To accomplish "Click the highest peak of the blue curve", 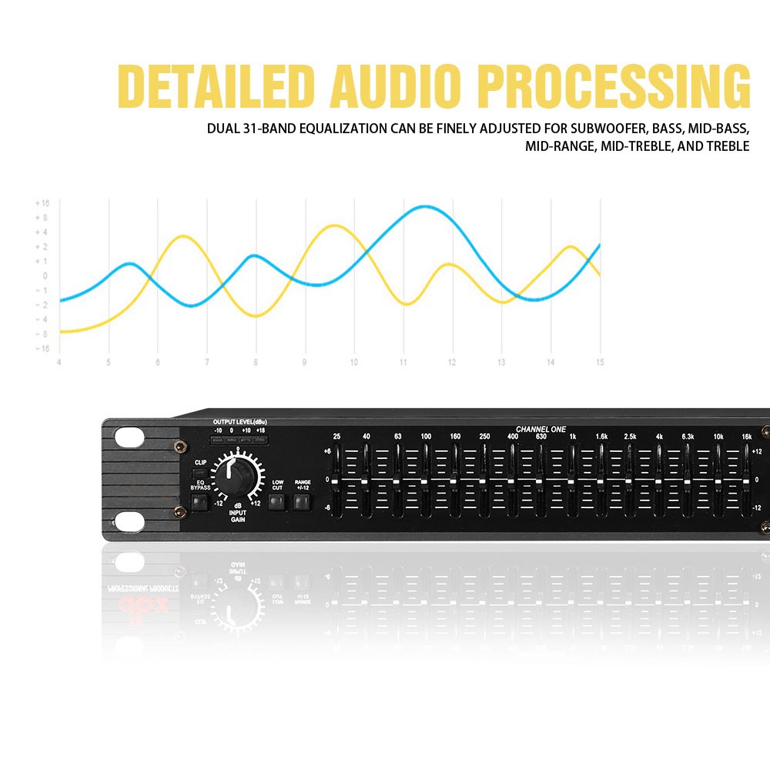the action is [425, 206].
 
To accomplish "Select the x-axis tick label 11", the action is [403, 362].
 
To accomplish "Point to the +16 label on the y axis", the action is [42, 203].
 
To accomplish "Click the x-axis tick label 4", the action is [59, 362].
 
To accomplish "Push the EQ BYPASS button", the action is [200, 504].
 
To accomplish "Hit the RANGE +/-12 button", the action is [302, 504].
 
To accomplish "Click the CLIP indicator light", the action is [200, 471].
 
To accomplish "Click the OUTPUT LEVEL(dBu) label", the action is [240, 423].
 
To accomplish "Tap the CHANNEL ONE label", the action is [540, 428].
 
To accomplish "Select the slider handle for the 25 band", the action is [336, 482].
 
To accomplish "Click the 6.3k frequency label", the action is [688, 437].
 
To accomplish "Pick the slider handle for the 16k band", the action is [746, 482].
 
